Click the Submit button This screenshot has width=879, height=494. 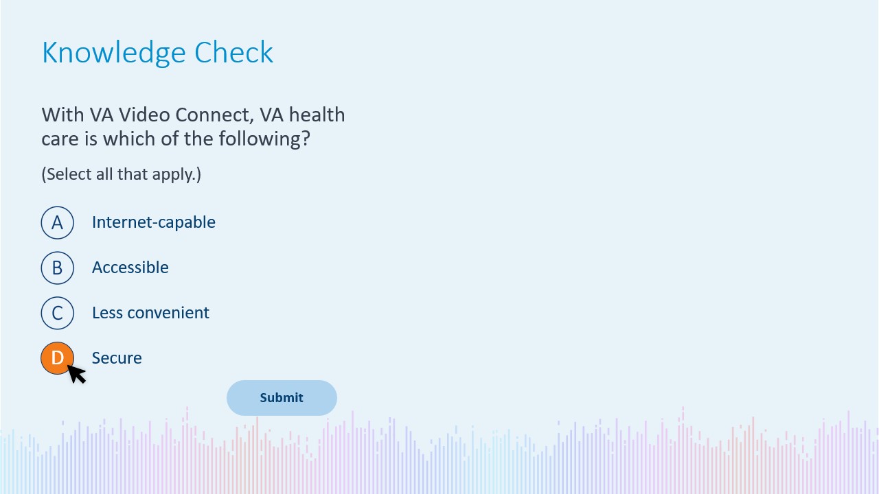click(x=282, y=397)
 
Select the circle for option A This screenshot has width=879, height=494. click(x=57, y=223)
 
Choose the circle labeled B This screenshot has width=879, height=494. click(x=57, y=268)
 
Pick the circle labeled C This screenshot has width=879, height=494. click(x=57, y=313)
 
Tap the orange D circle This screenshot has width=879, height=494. click(x=57, y=358)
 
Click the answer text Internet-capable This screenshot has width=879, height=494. click(x=153, y=222)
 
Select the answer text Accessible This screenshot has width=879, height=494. click(x=130, y=268)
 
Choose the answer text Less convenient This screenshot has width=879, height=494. click(x=150, y=313)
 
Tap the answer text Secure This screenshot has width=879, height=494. click(x=117, y=358)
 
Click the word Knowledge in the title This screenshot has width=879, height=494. click(x=114, y=53)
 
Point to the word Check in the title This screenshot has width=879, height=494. click(x=233, y=52)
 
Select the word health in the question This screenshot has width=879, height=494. click(x=317, y=115)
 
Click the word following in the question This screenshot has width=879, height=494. click(x=264, y=139)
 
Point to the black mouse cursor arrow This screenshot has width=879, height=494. click(x=76, y=374)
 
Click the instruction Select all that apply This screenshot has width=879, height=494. click(x=122, y=174)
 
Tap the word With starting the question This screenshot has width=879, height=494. click(x=62, y=115)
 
